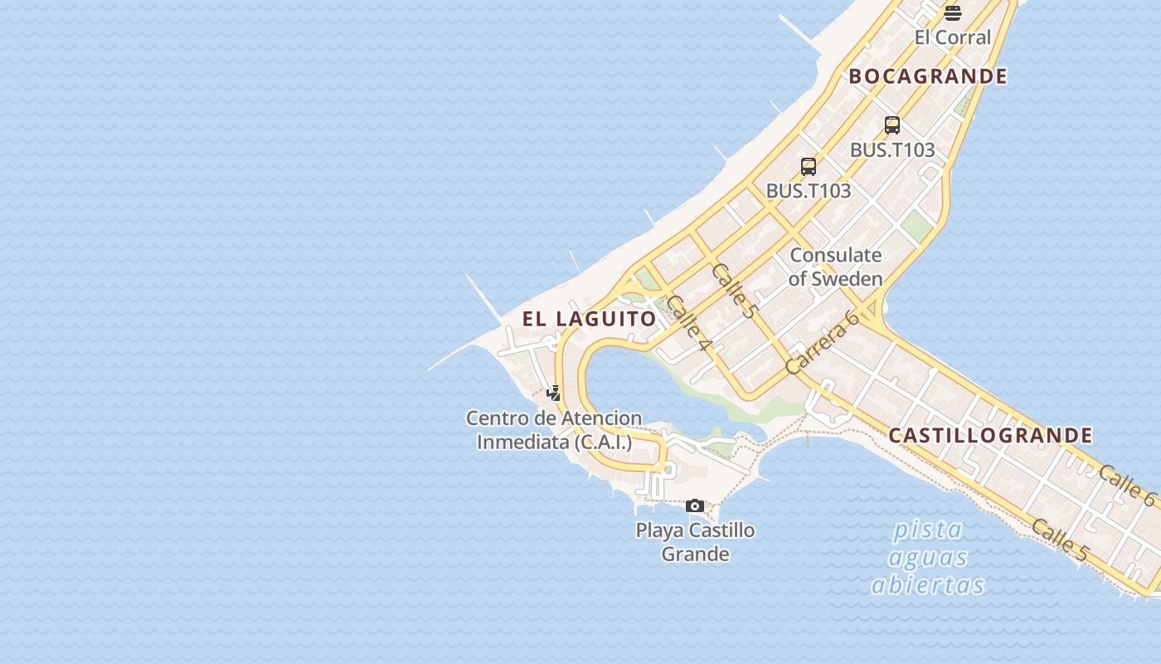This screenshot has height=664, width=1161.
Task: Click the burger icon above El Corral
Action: tap(953, 12)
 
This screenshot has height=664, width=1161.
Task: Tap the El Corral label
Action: tap(953, 37)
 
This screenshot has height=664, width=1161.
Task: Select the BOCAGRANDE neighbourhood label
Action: tap(928, 76)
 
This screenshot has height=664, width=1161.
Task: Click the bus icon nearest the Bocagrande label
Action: tap(892, 125)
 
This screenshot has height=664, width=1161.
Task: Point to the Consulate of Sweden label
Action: tap(835, 266)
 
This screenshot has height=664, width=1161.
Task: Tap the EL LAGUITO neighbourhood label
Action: tap(590, 319)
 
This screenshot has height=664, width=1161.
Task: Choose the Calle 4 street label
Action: tap(689, 322)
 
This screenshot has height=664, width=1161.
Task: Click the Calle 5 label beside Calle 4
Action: tap(735, 290)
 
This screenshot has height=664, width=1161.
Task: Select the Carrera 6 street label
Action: tap(821, 342)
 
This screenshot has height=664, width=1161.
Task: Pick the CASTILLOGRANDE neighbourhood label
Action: tap(990, 436)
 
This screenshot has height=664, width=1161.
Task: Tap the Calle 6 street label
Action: tap(1127, 486)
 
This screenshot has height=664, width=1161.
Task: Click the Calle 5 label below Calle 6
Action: tap(1060, 539)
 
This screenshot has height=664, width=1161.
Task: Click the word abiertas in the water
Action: tap(928, 585)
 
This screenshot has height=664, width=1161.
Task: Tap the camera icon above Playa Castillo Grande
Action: tap(695, 505)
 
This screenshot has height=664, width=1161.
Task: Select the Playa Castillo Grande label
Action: tap(695, 542)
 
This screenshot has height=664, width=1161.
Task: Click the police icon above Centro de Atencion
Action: tap(554, 393)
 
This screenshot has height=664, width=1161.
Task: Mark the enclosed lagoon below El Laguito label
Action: tap(639, 382)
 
